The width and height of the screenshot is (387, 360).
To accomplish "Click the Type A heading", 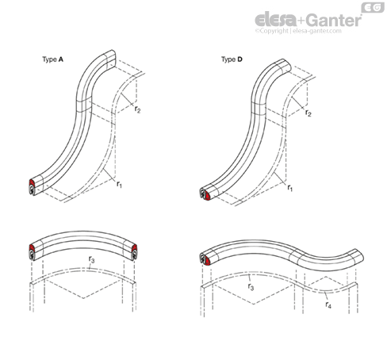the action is tap(52, 59).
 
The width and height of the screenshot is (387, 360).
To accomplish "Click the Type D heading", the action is tap(232, 59).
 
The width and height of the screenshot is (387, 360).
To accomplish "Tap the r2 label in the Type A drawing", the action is tap(137, 109).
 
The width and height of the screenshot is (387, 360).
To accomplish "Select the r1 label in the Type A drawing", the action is tap(120, 184).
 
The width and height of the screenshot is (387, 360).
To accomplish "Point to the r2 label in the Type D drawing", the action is tap(308, 113).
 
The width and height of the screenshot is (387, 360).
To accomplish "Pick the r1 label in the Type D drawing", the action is tap(290, 188).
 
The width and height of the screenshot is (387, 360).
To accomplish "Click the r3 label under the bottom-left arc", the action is tap(91, 259).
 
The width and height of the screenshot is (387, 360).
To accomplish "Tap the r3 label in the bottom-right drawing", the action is tap(251, 286).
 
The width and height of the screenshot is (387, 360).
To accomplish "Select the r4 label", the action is tap(328, 304).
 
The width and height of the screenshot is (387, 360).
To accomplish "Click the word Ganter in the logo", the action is tap(335, 21).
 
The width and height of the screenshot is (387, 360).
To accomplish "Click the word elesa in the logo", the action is tap(276, 20).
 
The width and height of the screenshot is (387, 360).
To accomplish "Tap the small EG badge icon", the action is tap(373, 7).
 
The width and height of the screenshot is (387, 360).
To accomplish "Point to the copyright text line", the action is tap(298, 31).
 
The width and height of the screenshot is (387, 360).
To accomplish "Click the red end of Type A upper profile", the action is tap(32, 182).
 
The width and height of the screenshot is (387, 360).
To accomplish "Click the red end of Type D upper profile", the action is tap(207, 195).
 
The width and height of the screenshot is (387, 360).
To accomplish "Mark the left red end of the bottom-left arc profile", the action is tap(32, 247).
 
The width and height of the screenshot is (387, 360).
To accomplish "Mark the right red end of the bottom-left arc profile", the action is tap(134, 248).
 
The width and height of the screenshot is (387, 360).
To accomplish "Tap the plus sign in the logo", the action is tap(302, 21).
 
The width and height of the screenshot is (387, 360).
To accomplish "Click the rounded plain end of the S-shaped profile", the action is tap(358, 255).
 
